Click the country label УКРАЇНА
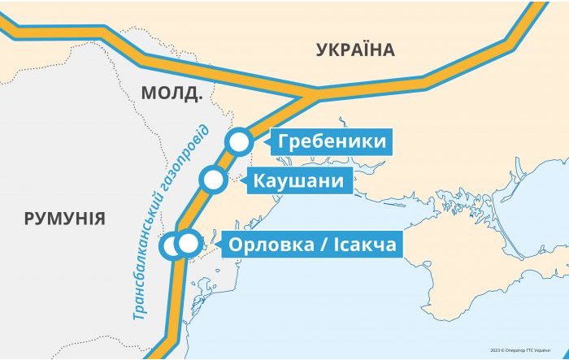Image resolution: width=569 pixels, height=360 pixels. (x=354, y=50)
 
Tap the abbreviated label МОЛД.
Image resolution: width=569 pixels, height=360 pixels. (x=171, y=93)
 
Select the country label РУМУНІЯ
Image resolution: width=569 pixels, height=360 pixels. (x=64, y=218)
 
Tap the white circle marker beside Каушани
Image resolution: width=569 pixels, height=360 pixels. (x=214, y=180)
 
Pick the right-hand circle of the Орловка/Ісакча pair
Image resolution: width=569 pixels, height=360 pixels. (x=189, y=243)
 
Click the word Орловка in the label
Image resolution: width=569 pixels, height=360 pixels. (x=269, y=244)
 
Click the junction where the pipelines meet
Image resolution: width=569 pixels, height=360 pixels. (x=313, y=94)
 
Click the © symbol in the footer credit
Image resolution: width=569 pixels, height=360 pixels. (x=504, y=350)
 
